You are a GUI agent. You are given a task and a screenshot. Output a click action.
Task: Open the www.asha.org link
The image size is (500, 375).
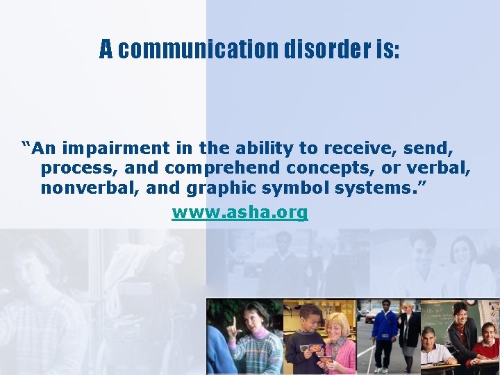point(240,212)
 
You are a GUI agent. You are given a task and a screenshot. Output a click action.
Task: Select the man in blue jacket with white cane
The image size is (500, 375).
point(385,333)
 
